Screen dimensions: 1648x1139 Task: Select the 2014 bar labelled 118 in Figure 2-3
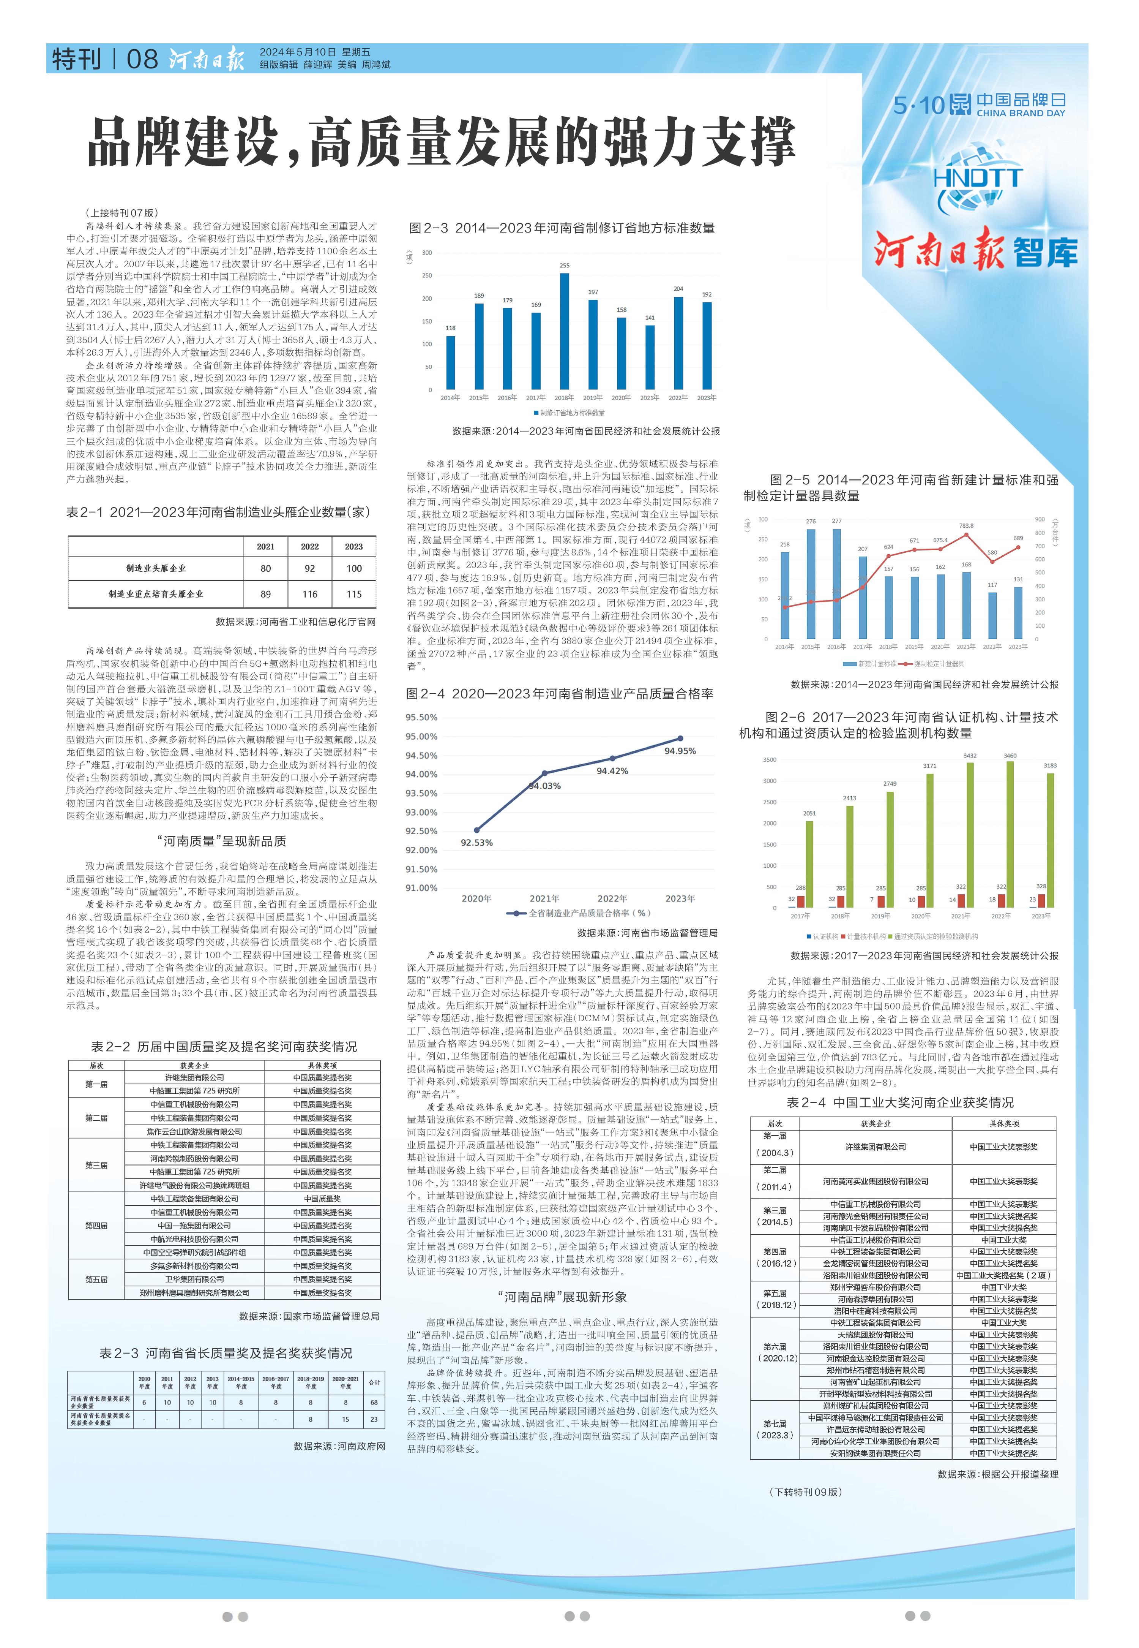pos(450,363)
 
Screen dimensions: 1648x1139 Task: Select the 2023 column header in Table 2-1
pos(354,546)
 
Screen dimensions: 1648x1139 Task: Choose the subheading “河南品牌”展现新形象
pos(562,1297)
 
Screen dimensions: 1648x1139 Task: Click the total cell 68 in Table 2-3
pos(374,1402)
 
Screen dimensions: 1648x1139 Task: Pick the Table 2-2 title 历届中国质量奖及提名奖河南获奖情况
pos(224,1047)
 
